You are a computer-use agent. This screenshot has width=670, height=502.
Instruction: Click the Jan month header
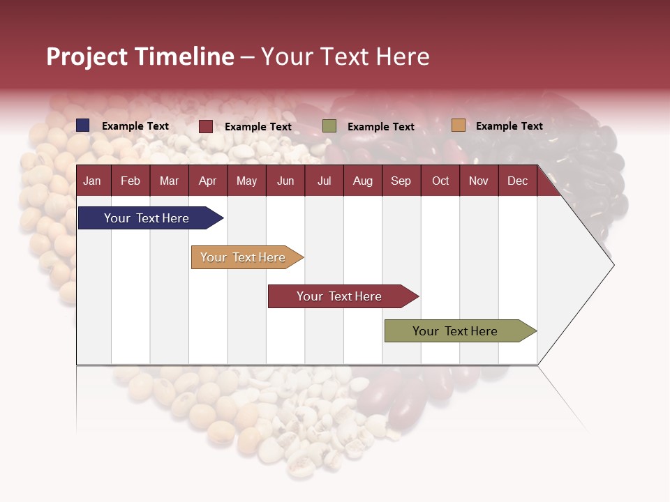tap(92, 181)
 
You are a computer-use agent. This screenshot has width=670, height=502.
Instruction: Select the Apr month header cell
tap(207, 181)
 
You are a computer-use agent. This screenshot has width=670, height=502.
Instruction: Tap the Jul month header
tap(324, 181)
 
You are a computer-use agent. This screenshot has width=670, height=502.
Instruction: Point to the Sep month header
tap(401, 181)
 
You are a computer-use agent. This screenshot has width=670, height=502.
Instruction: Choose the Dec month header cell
tap(517, 181)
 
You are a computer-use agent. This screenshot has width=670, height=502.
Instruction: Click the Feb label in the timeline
tap(131, 181)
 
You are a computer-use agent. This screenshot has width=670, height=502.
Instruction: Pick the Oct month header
tap(440, 181)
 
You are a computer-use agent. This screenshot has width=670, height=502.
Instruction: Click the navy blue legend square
tap(83, 125)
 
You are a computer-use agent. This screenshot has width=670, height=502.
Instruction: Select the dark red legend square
tap(206, 126)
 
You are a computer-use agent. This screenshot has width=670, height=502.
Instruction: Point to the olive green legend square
tap(329, 126)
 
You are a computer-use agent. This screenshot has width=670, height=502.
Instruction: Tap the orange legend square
tap(458, 125)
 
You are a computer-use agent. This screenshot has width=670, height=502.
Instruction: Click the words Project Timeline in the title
tap(140, 56)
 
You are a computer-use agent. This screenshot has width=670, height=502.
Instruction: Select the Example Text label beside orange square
tap(509, 126)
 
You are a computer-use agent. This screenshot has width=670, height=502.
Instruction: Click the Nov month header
tap(479, 181)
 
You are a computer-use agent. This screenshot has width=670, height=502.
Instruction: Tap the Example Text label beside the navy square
tap(135, 126)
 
